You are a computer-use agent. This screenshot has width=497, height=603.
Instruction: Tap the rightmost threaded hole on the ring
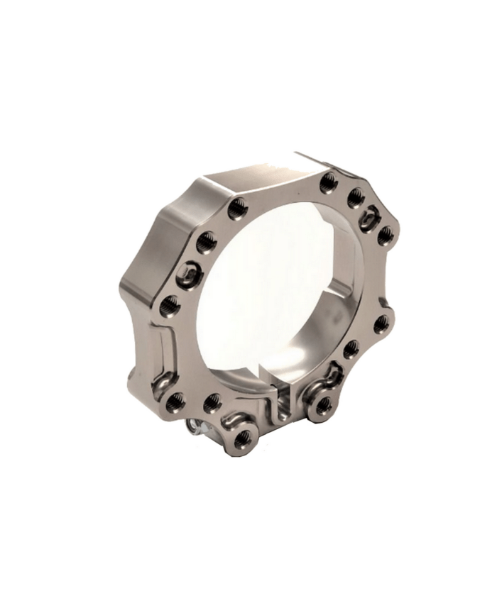[x=384, y=236]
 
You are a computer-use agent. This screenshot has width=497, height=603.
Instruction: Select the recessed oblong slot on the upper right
[x=368, y=217]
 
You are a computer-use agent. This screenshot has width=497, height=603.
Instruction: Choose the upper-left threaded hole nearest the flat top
[x=235, y=207]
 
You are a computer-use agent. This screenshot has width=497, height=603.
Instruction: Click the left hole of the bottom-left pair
[x=175, y=400]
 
